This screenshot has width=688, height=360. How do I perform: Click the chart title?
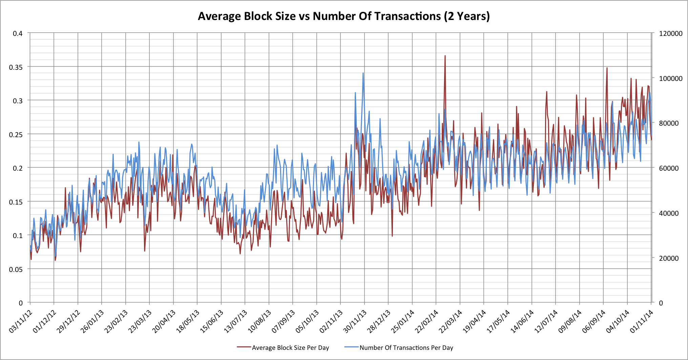(x=343, y=16)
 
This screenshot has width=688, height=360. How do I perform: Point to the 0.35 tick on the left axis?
(x=16, y=67)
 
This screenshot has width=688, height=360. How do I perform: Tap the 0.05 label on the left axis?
(x=16, y=269)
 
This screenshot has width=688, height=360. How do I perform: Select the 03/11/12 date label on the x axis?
(x=21, y=321)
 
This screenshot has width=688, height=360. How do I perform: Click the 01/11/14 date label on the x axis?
(x=642, y=321)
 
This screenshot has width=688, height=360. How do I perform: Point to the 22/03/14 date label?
(x=451, y=321)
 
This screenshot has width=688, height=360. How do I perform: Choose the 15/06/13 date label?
(x=212, y=321)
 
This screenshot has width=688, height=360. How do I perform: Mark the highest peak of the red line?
(x=445, y=56)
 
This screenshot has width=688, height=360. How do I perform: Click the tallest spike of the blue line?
(x=363, y=73)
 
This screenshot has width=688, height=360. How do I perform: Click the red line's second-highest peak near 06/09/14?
(x=607, y=68)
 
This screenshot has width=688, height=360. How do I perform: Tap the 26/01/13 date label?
(x=92, y=321)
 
